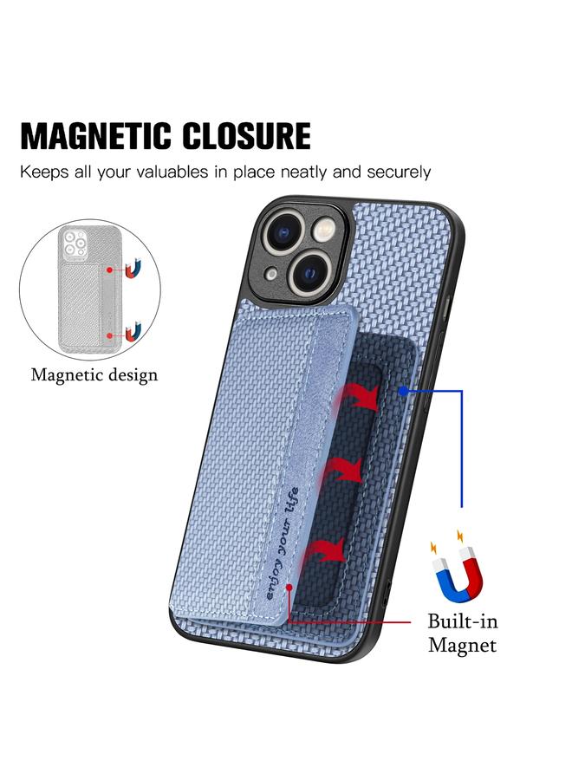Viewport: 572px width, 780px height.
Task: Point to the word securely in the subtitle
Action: pos(393,172)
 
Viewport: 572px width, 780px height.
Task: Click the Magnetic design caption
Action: pos(94,374)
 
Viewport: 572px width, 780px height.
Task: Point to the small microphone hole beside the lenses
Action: pos(270,274)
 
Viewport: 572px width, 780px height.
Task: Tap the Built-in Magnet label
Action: pos(462,633)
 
